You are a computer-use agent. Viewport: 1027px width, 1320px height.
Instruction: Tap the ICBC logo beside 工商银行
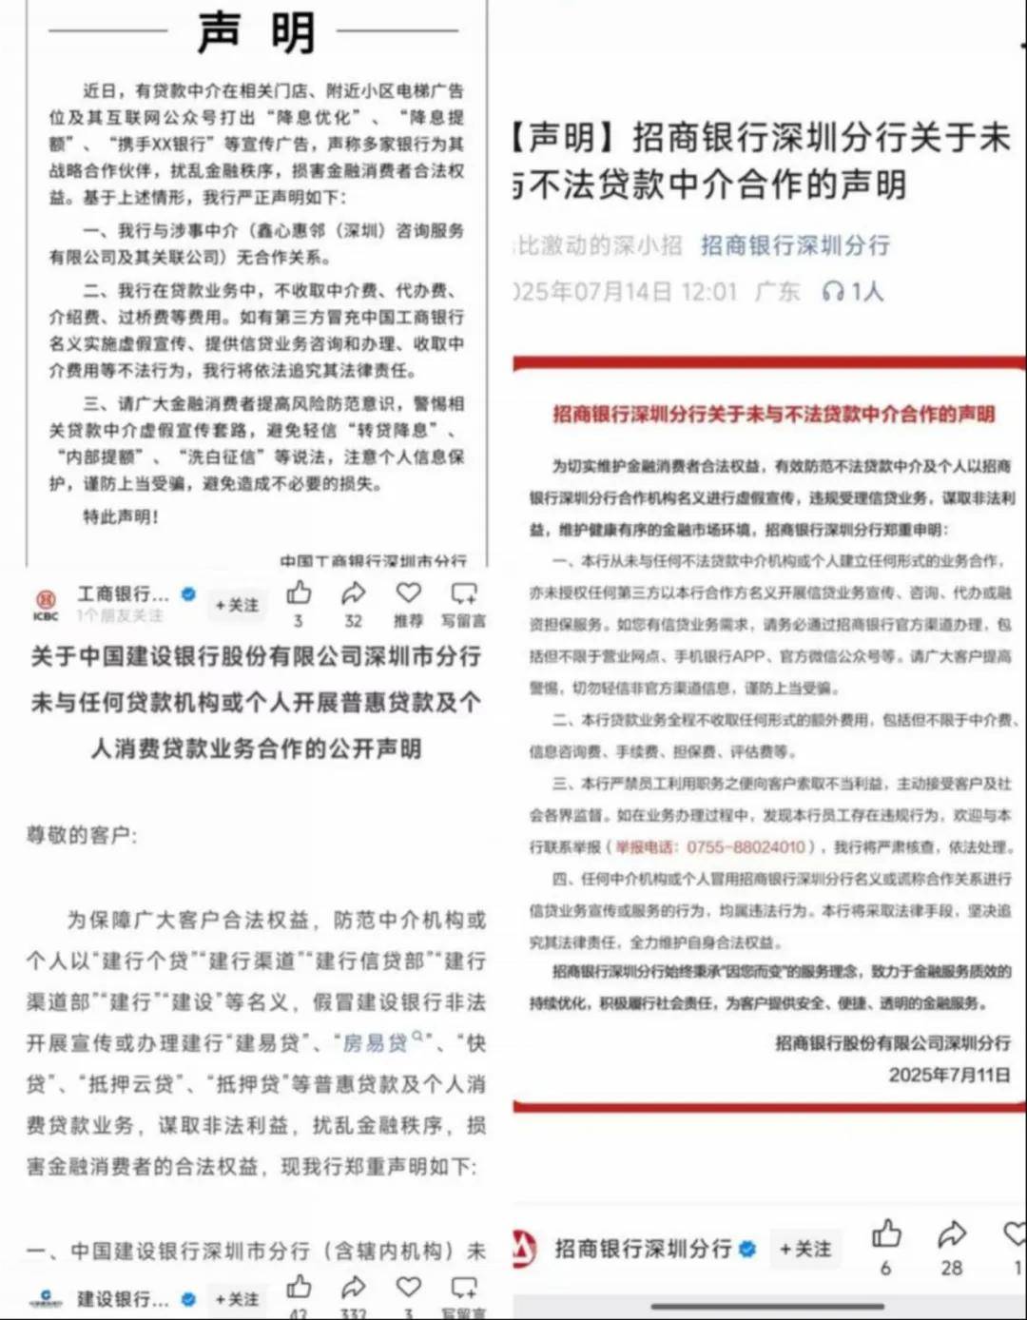[x=45, y=603]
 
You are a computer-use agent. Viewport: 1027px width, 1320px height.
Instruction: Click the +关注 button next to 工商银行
[x=237, y=605]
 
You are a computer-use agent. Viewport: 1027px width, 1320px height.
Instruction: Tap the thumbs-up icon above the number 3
[x=299, y=593]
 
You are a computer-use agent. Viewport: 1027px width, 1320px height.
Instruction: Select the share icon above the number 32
[x=354, y=593]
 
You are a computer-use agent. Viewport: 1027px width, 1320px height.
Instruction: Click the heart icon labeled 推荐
[x=409, y=593]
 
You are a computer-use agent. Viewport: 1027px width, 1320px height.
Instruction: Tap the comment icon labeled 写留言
[x=464, y=593]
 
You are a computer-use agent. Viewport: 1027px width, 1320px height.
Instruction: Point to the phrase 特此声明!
[x=121, y=516]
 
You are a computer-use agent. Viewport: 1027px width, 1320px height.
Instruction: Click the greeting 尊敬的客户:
[x=82, y=835]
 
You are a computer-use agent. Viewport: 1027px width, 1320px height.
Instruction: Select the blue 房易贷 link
[x=375, y=1043]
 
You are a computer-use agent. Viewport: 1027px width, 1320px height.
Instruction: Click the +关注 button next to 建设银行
[x=237, y=1299]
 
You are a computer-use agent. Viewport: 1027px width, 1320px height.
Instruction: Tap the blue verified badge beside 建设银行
[x=188, y=1299]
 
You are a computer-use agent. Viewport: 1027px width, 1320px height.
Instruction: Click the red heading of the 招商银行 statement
[x=773, y=414]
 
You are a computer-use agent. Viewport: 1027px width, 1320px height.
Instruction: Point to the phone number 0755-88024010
[x=746, y=846]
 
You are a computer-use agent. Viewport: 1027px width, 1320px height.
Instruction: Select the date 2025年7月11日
[x=949, y=1075]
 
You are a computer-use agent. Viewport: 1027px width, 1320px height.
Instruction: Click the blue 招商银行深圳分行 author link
[x=795, y=245]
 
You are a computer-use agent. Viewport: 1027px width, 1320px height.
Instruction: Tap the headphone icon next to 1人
[x=833, y=291]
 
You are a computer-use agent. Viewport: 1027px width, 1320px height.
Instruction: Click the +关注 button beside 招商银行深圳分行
[x=804, y=1249]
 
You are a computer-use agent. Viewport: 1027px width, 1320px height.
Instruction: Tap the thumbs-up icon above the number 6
[x=886, y=1233]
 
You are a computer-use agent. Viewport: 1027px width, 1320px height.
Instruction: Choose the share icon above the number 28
[x=951, y=1233]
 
